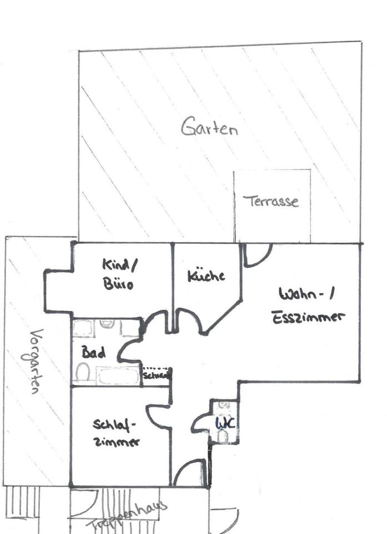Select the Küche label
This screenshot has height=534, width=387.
205,276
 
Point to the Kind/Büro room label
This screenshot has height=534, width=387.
117,274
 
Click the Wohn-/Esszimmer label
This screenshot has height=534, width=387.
309,305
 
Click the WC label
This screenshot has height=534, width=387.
225,423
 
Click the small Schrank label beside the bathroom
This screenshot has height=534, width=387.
156,375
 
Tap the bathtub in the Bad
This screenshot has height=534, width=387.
117,376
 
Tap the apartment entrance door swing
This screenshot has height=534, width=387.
189,473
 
